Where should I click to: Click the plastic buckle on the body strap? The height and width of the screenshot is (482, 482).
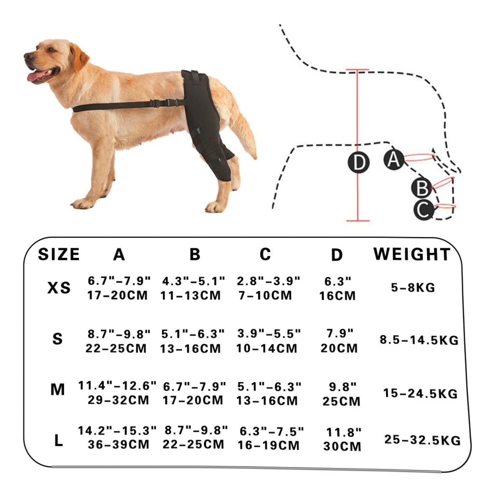[162, 103]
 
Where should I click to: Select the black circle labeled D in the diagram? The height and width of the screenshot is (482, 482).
[359, 162]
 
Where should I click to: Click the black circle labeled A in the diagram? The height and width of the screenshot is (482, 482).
[394, 159]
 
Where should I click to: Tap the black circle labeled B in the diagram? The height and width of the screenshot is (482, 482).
[422, 188]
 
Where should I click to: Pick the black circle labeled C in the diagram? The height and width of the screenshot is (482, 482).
[424, 210]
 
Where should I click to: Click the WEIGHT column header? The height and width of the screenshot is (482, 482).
[412, 254]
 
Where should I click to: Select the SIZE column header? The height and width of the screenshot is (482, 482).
[59, 254]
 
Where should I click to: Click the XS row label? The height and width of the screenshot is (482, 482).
[59, 288]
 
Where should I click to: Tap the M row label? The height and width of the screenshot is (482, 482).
[58, 389]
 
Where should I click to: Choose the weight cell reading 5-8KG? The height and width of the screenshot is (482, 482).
[413, 287]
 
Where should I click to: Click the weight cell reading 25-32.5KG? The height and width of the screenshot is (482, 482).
[422, 440]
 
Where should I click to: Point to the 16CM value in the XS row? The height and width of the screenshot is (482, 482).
[337, 296]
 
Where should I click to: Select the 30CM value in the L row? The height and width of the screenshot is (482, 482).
[342, 446]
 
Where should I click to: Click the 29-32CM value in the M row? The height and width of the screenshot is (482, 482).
[119, 400]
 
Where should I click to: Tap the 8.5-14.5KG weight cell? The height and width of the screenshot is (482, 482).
[419, 340]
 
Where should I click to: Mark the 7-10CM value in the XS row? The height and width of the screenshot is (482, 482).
[265, 295]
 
